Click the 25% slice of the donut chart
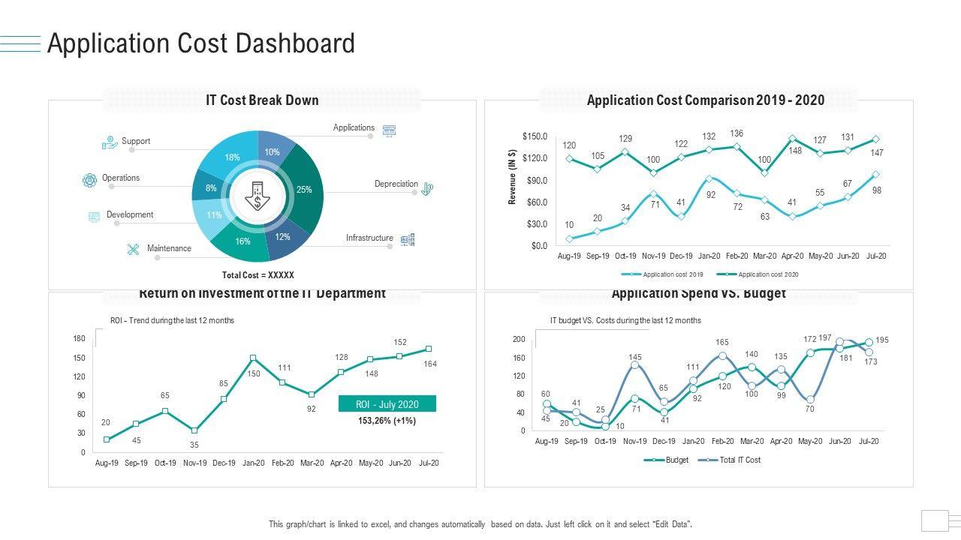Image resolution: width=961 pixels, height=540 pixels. pyautogui.click(x=304, y=190)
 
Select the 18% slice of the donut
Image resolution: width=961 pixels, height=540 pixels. pyautogui.click(x=232, y=157)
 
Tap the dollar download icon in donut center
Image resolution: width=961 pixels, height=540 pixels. pyautogui.click(x=258, y=198)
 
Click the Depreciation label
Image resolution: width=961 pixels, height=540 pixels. pyautogui.click(x=396, y=184)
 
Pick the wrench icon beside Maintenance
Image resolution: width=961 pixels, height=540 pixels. pyautogui.click(x=134, y=249)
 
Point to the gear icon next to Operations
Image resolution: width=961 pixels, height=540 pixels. pyautogui.click(x=89, y=179)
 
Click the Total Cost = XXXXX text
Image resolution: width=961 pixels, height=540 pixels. pyautogui.click(x=258, y=275)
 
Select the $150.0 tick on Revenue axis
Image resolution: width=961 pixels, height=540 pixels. pyautogui.click(x=535, y=136)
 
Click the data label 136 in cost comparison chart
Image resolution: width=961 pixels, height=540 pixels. pyautogui.click(x=737, y=133)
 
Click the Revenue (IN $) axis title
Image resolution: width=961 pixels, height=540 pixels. pyautogui.click(x=512, y=177)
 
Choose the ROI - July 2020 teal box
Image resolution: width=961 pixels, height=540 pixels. pyautogui.click(x=387, y=404)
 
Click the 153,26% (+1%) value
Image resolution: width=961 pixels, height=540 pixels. pyautogui.click(x=387, y=421)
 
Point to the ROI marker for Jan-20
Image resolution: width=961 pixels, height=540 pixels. pyautogui.click(x=253, y=358)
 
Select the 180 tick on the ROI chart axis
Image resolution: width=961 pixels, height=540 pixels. pyautogui.click(x=80, y=339)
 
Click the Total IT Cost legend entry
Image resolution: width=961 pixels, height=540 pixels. pyautogui.click(x=740, y=460)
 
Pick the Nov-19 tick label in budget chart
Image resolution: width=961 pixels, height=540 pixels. pyautogui.click(x=634, y=442)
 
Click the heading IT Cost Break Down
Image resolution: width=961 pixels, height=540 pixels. pyautogui.click(x=262, y=100)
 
